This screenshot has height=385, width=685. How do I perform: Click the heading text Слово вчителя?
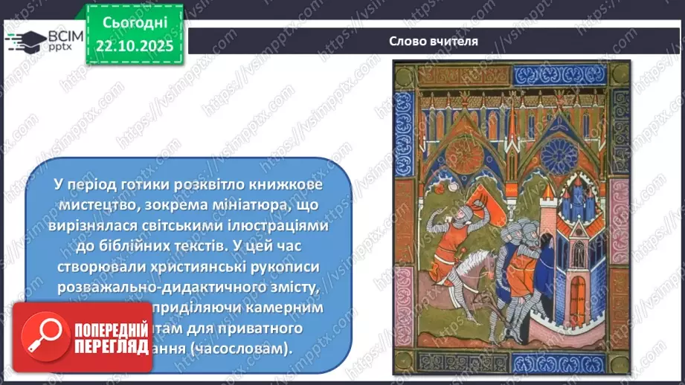tap(434, 41)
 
